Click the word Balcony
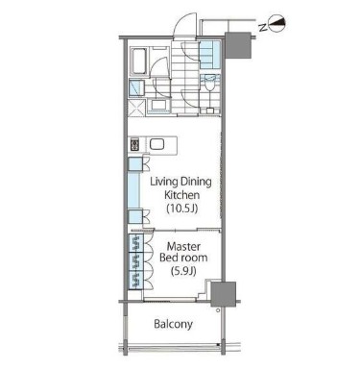(174, 325)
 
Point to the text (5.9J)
(181, 272)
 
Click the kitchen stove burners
(135, 146)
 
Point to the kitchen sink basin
(158, 146)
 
